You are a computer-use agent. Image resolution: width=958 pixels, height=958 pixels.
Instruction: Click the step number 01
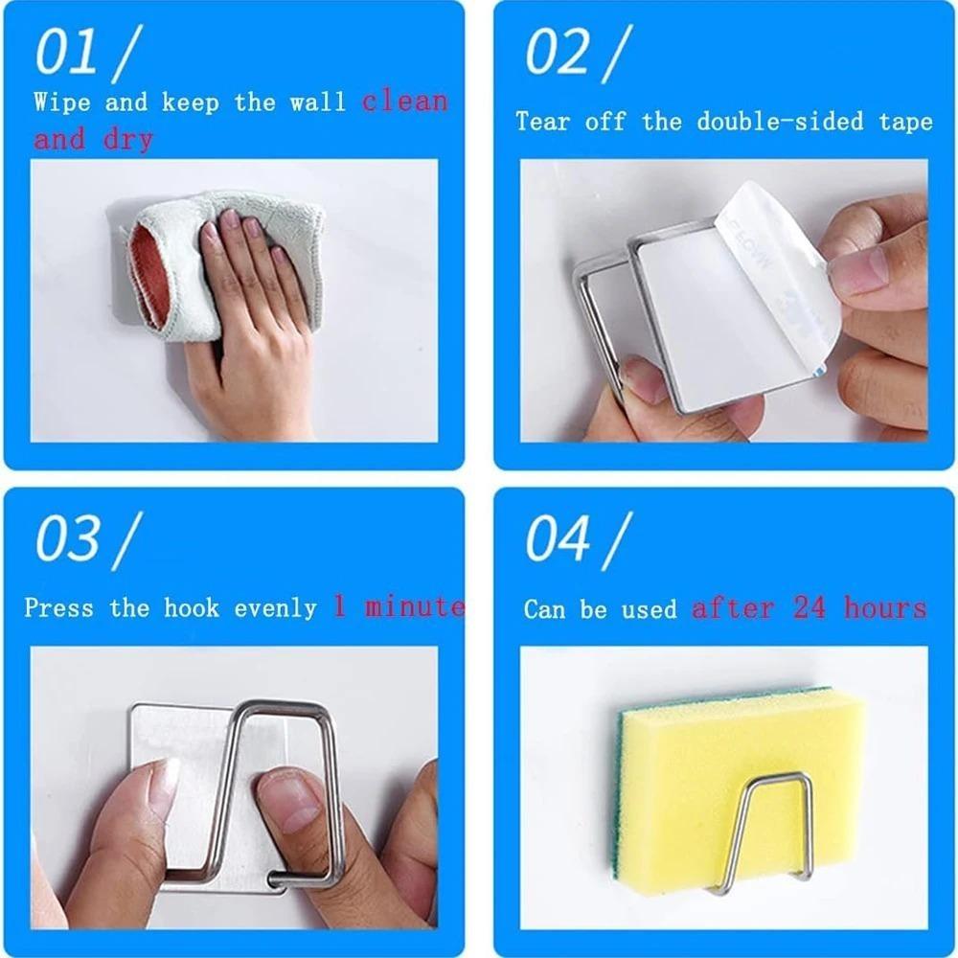point(67,53)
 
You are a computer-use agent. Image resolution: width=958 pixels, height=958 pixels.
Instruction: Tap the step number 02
point(557,53)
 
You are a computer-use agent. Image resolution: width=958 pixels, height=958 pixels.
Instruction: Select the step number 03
point(67,538)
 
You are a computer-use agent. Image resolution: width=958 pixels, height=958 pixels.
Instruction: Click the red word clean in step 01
point(405,102)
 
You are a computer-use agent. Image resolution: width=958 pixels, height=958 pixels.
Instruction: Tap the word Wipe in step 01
point(61,102)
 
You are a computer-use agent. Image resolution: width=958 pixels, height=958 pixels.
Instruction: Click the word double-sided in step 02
point(780,121)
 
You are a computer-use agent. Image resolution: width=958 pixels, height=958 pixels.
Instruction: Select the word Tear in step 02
point(542,121)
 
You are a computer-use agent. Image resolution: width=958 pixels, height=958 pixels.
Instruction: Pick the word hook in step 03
point(192,608)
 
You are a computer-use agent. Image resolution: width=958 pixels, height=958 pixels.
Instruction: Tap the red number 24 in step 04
point(810,608)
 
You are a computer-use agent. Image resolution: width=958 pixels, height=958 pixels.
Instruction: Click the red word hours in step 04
point(885,608)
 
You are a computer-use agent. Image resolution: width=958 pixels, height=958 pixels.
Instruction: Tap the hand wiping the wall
point(257,318)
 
